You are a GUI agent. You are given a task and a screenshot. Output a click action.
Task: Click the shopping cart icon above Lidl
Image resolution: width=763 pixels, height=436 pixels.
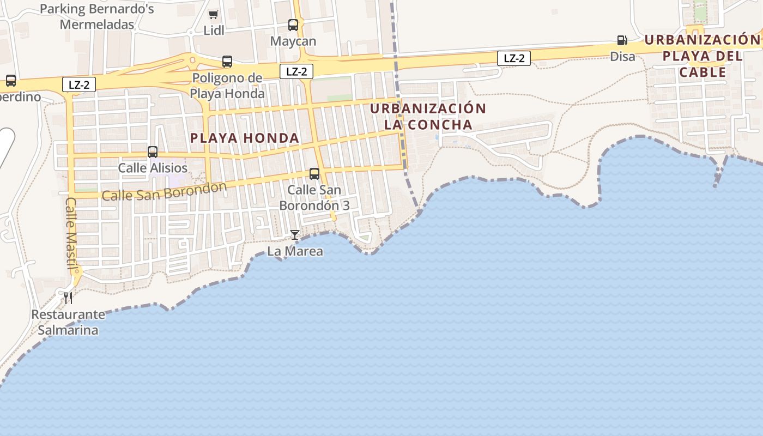[213, 15]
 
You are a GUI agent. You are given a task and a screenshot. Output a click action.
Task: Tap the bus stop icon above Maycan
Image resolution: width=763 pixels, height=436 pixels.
[293, 25]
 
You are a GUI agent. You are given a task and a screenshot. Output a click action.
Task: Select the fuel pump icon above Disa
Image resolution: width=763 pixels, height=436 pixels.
[622, 40]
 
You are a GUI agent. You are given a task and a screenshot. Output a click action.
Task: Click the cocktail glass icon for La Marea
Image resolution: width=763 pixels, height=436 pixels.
[295, 235]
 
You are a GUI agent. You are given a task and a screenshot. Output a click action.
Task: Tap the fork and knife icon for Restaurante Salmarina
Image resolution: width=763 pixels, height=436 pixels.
[68, 298]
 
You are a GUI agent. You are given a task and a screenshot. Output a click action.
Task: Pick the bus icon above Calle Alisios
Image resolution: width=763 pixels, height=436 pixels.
[153, 152]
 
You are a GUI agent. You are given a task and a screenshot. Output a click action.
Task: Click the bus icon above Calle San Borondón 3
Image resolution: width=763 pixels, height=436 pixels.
[314, 174]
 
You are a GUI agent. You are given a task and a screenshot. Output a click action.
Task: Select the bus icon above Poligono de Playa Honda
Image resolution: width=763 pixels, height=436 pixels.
[227, 62]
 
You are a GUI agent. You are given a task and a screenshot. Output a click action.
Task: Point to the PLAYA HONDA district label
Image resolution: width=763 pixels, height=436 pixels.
[245, 138]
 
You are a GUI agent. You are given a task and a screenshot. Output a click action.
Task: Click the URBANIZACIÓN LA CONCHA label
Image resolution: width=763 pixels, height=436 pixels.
[428, 117]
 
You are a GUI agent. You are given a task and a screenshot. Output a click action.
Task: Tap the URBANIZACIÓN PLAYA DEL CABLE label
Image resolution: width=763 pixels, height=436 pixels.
[703, 56]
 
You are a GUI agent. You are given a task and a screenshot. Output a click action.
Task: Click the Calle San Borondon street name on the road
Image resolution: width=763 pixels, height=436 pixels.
[164, 191]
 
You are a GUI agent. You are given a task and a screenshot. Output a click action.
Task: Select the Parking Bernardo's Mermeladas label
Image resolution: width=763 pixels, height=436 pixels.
[97, 17]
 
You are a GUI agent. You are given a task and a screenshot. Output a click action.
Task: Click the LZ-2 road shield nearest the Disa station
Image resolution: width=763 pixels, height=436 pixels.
[514, 58]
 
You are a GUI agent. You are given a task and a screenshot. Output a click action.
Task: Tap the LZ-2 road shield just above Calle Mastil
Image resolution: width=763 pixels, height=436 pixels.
[79, 84]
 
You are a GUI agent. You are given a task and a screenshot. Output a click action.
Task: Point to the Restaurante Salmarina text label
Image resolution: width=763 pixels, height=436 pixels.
[68, 322]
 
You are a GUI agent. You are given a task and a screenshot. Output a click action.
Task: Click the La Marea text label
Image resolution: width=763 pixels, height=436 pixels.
[295, 251]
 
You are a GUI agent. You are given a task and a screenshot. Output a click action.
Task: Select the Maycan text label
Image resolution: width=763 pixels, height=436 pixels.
[293, 41]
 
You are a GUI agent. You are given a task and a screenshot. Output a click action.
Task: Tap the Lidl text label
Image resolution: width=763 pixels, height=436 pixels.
[214, 31]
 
